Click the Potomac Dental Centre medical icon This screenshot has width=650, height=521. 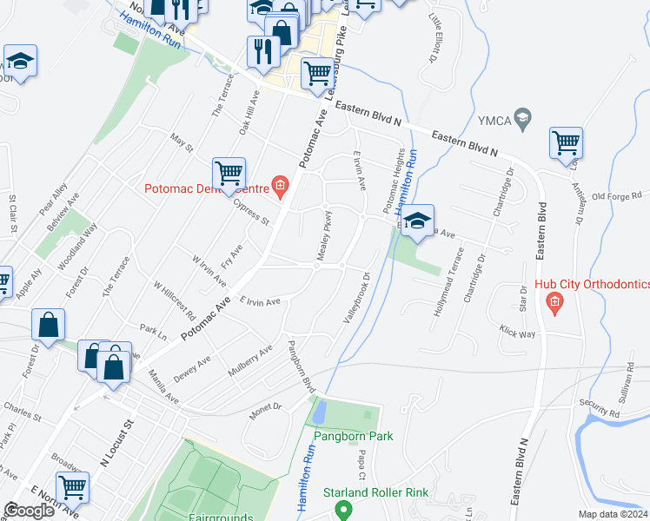pos(280,184)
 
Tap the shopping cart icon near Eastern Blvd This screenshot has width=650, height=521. pos(566,142)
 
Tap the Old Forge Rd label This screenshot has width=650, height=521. pos(615,196)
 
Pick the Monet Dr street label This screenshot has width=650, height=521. pos(266,411)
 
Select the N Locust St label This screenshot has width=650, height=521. pos(117,445)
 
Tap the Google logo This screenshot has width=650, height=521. pos(29,511)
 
